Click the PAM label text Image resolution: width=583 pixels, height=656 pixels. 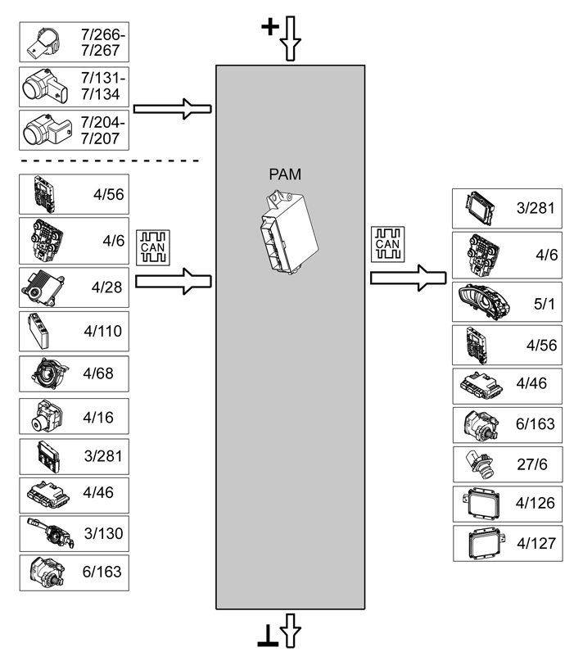pyautogui.click(x=285, y=174)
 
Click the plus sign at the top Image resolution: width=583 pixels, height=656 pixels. pyautogui.click(x=270, y=27)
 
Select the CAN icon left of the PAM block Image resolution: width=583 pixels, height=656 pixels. pyautogui.click(x=153, y=247)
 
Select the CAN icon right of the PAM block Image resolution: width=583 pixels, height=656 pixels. pyautogui.click(x=387, y=244)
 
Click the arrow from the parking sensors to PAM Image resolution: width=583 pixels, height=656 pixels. pyautogui.click(x=172, y=109)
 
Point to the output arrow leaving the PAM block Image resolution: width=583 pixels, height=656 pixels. pyautogui.click(x=409, y=278)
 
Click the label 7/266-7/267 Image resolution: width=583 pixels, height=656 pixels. pyautogui.click(x=102, y=43)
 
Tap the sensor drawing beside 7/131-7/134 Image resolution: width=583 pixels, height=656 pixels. pyautogui.click(x=45, y=86)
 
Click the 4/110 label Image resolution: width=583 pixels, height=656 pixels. pyautogui.click(x=103, y=331)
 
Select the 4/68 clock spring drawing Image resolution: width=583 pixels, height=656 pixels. pyautogui.click(x=49, y=373)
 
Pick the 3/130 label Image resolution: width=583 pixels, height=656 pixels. pyautogui.click(x=103, y=533)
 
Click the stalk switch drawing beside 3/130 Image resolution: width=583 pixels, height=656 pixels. pyautogui.click(x=50, y=533)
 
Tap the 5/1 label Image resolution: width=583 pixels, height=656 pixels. pyautogui.click(x=544, y=304)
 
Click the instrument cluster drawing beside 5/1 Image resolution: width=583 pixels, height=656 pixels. pyautogui.click(x=484, y=302)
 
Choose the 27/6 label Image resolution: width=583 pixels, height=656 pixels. pyautogui.click(x=532, y=464)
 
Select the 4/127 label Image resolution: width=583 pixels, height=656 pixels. pyautogui.click(x=536, y=543)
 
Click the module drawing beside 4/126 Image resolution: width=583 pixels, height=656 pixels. pyautogui.click(x=481, y=504)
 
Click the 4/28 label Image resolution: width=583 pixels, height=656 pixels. pyautogui.click(x=106, y=287)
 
